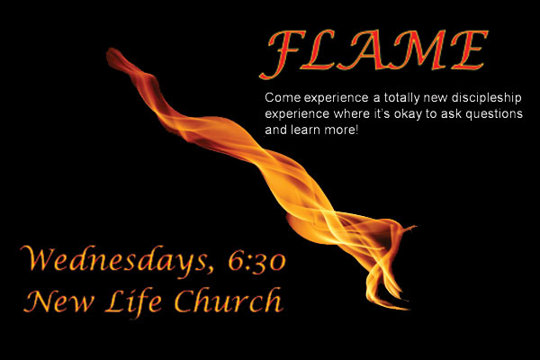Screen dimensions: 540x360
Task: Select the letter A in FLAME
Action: (373, 50)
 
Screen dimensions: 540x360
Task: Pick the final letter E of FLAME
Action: (469, 50)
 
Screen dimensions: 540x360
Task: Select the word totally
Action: (402, 98)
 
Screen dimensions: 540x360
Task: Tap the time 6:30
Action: (256, 261)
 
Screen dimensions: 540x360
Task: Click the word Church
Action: (229, 300)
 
